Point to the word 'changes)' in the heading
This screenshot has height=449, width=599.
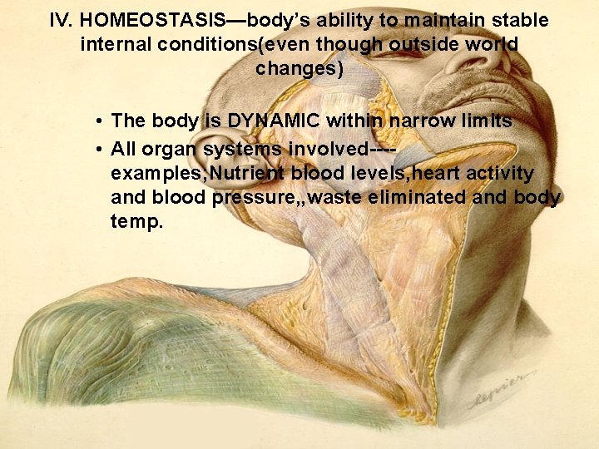(x=299, y=68)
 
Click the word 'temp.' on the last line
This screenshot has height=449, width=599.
(x=136, y=223)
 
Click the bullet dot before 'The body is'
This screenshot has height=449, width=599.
(x=98, y=122)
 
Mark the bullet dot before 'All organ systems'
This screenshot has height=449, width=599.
(x=98, y=149)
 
